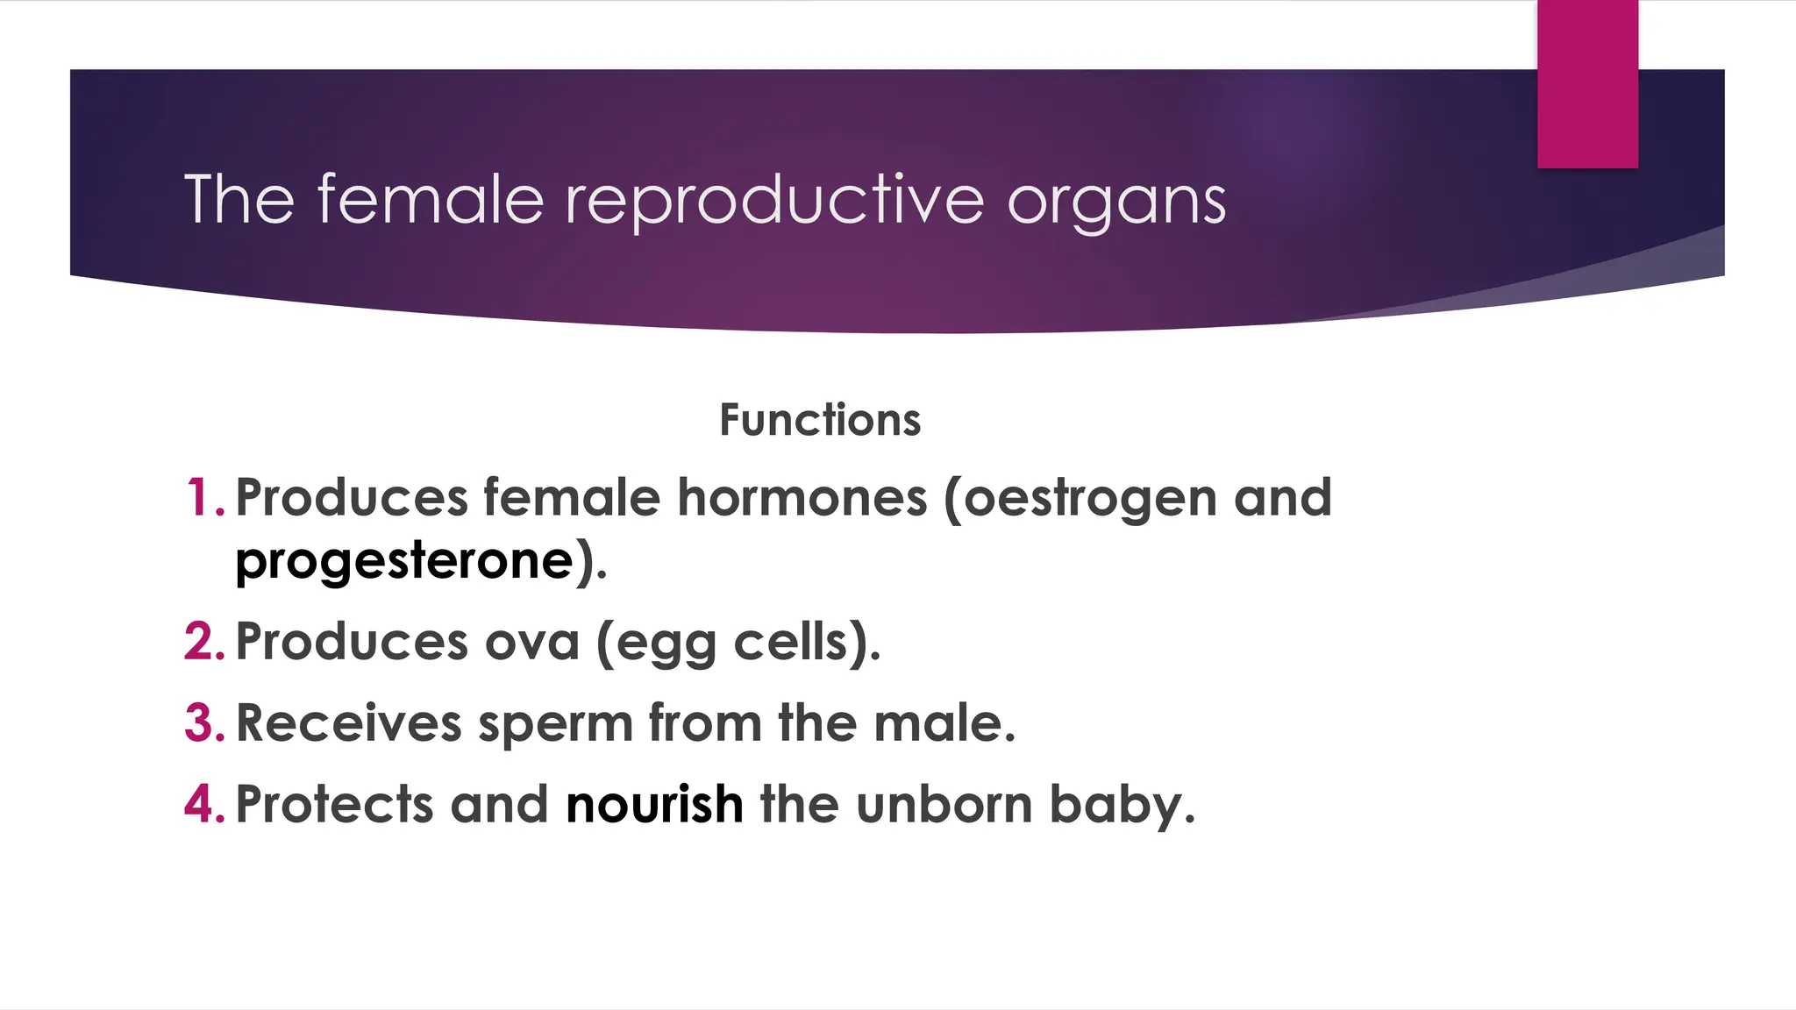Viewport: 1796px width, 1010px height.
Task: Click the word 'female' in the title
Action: (x=430, y=199)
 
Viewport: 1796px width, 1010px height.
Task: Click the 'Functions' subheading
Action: (x=820, y=419)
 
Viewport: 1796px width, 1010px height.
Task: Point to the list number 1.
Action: (x=204, y=497)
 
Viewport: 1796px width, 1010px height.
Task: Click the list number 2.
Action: (x=204, y=641)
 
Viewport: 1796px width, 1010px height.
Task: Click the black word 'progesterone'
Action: (x=404, y=562)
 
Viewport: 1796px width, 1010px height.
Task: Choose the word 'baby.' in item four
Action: (x=1122, y=805)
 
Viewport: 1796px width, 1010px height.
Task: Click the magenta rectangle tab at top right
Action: (x=1587, y=83)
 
